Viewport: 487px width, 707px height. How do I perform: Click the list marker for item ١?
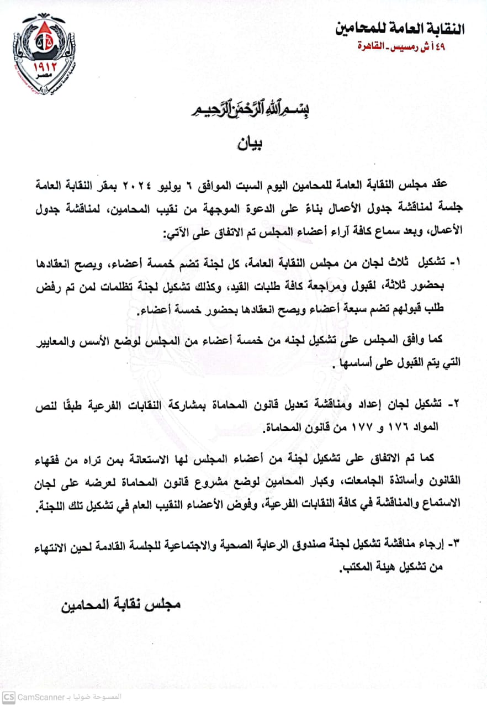(454, 262)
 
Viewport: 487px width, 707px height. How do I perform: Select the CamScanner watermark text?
(39, 697)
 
